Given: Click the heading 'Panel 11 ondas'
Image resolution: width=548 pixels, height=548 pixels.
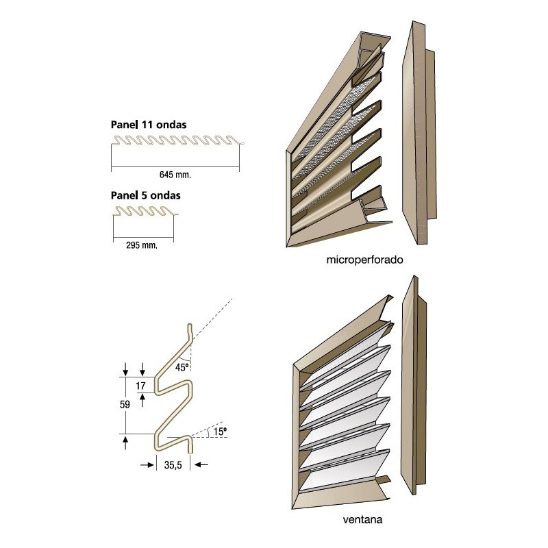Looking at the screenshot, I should (x=149, y=125).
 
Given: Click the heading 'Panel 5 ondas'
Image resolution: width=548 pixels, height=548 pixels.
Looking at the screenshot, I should (x=145, y=195).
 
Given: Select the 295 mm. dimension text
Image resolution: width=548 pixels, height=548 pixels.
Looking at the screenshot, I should (x=142, y=245).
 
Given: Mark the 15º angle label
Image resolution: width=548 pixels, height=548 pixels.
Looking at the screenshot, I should (x=219, y=432).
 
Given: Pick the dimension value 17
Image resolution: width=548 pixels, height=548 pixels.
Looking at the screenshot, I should (x=140, y=386).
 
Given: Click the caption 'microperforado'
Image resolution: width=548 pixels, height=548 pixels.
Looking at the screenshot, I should (x=361, y=261).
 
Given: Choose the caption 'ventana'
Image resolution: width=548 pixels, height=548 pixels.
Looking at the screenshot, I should (x=362, y=520).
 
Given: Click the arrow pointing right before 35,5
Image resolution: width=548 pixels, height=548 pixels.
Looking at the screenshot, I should (x=146, y=464).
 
